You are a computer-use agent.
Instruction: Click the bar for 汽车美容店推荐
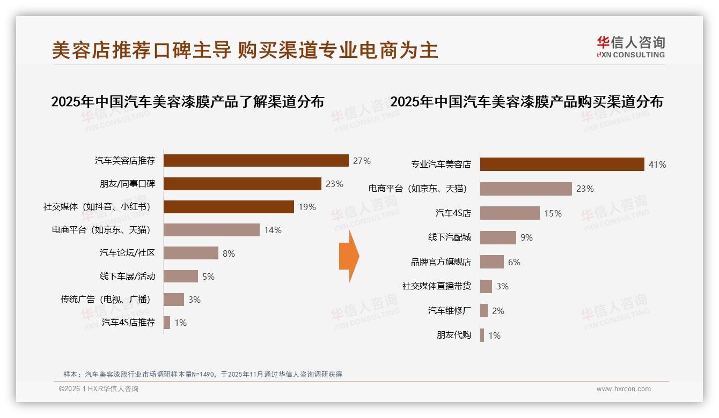click(x=256, y=161)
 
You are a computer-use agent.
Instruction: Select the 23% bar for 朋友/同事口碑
click(x=242, y=184)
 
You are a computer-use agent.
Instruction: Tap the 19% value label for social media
click(x=307, y=207)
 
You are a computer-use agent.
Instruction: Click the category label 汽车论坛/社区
click(x=127, y=253)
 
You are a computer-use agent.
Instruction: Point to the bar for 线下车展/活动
click(x=181, y=277)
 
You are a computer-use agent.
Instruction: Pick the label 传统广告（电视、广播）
click(x=105, y=300)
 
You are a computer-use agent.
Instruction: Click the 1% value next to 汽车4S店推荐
click(x=180, y=323)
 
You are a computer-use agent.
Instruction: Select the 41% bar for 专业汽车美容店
click(x=562, y=165)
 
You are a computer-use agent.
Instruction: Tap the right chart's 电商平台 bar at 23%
click(x=526, y=189)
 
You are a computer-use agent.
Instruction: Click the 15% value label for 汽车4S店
click(x=553, y=213)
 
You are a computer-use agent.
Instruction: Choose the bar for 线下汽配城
click(x=498, y=237)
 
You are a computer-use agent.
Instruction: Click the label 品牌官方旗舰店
click(x=441, y=262)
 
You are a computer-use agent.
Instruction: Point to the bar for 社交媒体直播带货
click(x=486, y=286)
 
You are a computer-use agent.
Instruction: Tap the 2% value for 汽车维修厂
click(x=498, y=311)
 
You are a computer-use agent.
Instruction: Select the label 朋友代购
click(x=453, y=335)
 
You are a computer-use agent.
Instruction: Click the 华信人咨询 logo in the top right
click(x=630, y=47)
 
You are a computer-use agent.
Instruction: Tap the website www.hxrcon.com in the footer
click(x=623, y=389)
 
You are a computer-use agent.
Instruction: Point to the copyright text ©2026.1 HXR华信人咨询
click(x=99, y=389)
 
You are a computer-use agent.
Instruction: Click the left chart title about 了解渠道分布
click(x=187, y=102)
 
